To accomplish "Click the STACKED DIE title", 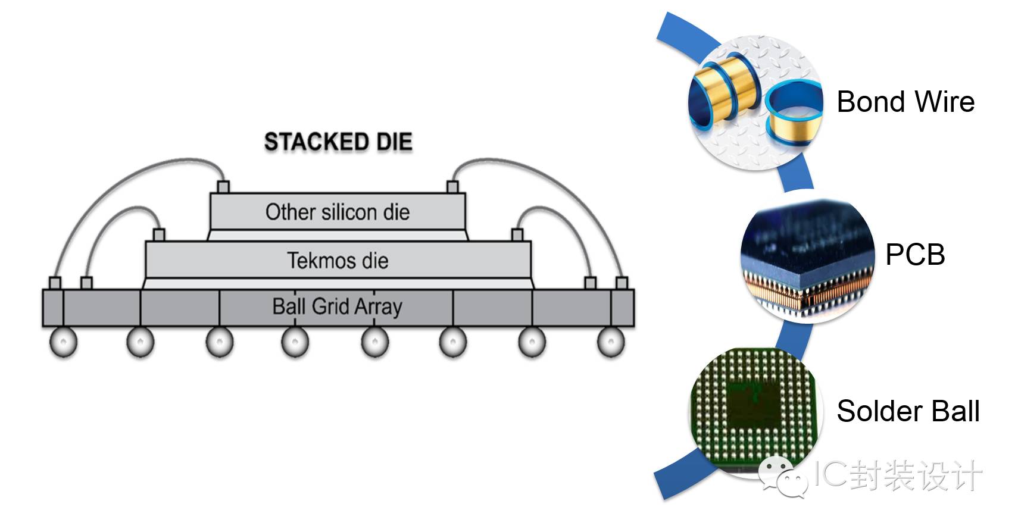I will [x=338, y=142].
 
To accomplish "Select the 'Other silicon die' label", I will [x=338, y=212].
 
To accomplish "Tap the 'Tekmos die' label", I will [x=338, y=260].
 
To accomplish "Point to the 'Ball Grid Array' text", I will [x=337, y=306].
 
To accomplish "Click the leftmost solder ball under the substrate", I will [x=63, y=343].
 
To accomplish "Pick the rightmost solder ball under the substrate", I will [x=610, y=343].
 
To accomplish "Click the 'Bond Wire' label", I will [x=905, y=102].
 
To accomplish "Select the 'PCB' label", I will [x=915, y=255].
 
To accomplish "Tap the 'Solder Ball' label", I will [x=908, y=411].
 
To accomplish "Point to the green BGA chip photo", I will [x=755, y=411].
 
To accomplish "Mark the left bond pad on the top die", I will [x=223, y=187].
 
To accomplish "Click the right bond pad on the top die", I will [x=452, y=187].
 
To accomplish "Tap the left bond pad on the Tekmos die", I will [x=159, y=234].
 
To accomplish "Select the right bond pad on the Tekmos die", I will [x=517, y=234].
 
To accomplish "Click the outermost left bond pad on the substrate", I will [x=55, y=283].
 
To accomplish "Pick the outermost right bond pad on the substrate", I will [x=622, y=283].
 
